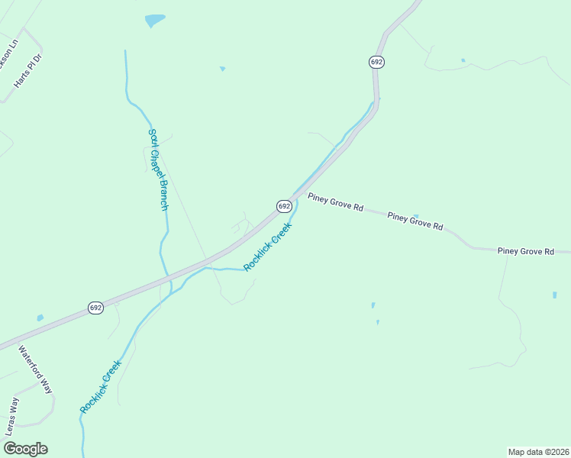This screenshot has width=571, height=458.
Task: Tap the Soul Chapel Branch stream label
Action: [x=158, y=169]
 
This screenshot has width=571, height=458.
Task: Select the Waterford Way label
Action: [x=36, y=370]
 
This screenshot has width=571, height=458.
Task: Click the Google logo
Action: [x=25, y=449]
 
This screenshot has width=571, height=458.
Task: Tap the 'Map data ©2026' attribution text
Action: [x=539, y=452]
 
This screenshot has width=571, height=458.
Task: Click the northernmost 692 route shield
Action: [x=376, y=62]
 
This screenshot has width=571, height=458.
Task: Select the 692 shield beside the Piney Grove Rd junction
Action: [x=283, y=206]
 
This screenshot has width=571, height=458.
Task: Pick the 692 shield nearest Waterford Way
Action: [x=95, y=308]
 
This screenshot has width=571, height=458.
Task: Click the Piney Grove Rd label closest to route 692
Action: [x=335, y=202]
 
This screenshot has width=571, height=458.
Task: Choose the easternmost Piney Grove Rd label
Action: [x=525, y=250]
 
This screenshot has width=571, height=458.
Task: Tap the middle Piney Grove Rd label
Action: [x=415, y=221]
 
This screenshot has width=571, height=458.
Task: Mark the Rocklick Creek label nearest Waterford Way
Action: [x=101, y=387]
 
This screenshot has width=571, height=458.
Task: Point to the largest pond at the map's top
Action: [x=155, y=20]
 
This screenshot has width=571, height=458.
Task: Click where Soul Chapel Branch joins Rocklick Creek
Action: [x=170, y=291]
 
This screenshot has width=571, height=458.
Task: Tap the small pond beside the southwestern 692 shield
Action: [x=40, y=318]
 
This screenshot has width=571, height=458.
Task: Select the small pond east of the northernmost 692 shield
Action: [x=463, y=60]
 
